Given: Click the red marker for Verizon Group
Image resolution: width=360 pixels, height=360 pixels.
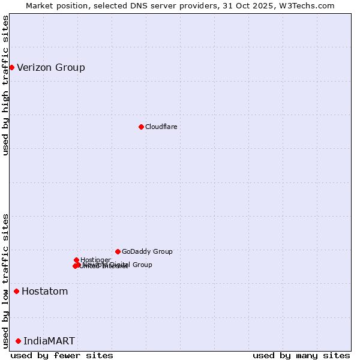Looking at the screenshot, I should click(11, 67).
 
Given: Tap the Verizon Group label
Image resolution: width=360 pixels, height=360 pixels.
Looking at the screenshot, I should click(51, 67).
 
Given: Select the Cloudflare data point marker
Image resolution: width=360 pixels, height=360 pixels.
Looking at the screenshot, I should click(141, 127).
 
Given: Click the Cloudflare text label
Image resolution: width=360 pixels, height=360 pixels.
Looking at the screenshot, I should click(161, 127).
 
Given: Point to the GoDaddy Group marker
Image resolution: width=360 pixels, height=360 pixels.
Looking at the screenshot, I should click(118, 251).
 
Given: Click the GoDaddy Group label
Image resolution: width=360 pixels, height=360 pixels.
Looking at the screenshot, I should click(147, 251).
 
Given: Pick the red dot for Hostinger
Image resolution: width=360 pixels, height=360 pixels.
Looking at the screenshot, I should click(76, 260).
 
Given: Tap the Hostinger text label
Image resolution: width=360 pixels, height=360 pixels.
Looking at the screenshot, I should click(95, 259).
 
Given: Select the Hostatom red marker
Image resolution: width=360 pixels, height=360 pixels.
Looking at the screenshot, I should click(16, 292).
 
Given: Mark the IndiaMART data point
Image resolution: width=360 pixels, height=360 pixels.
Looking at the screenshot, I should click(18, 341).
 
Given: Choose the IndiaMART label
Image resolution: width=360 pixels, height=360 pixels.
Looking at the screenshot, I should click(49, 341).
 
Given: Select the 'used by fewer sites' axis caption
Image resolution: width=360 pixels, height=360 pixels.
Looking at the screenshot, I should click(62, 355).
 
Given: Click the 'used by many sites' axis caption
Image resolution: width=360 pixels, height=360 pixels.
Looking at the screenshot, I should click(301, 355).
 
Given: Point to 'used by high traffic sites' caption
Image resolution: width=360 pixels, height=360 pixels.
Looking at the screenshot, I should click(5, 85).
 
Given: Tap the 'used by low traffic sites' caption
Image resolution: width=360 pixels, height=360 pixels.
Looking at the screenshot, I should click(5, 281).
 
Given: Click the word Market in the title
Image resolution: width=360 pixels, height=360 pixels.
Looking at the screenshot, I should click(40, 5).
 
